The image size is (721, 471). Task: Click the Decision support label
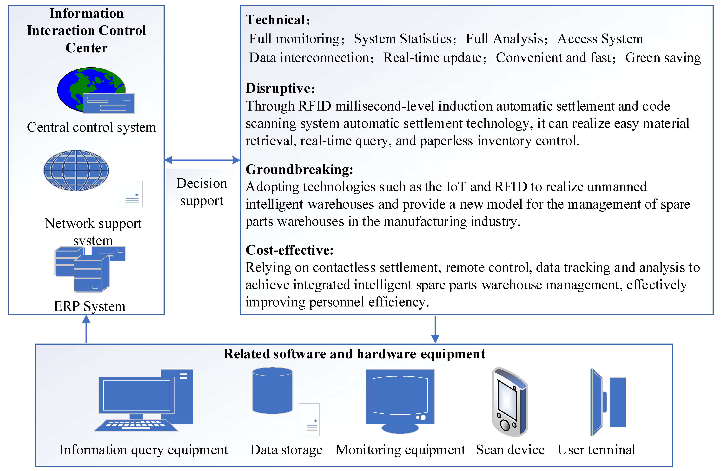coord(202,192)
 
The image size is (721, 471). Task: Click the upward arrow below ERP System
coord(86,329)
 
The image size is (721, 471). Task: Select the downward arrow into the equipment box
coord(435,330)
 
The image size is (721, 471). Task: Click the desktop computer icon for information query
coord(144,400)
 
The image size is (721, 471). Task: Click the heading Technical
coord(278,20)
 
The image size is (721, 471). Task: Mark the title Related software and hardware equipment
coord(354,354)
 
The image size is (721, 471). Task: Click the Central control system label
coord(91,127)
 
